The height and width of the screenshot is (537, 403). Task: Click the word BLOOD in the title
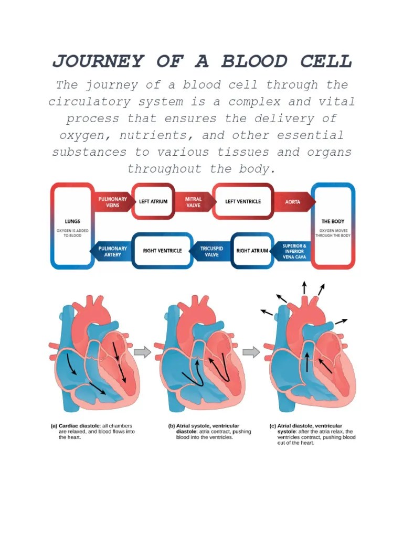(x=254, y=62)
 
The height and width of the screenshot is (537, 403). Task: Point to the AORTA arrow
(x=293, y=202)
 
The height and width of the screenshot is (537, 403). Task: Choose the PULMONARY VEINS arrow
(x=113, y=202)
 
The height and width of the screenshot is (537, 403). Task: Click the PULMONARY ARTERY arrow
(x=111, y=251)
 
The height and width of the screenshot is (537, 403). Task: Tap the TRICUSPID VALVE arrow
(x=210, y=251)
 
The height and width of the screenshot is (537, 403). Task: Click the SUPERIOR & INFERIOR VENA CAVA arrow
(x=292, y=251)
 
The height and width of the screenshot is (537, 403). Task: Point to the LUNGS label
(x=72, y=222)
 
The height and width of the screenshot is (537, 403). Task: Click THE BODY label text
(x=333, y=222)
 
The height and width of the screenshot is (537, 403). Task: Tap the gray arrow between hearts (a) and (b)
(x=142, y=352)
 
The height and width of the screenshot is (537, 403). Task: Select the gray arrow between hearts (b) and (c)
(x=251, y=352)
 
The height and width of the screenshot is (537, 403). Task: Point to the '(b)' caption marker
(x=172, y=426)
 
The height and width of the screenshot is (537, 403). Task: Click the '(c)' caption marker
(x=272, y=426)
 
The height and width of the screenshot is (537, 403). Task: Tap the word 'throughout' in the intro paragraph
(x=164, y=168)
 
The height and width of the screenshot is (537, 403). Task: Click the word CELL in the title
(x=326, y=62)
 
